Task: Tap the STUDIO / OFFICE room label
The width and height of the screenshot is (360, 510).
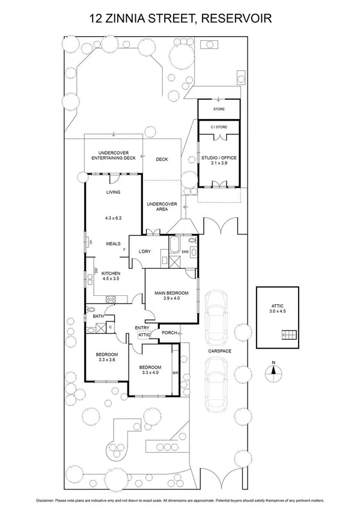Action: [218, 159]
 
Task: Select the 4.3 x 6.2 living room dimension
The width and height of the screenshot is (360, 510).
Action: [114, 218]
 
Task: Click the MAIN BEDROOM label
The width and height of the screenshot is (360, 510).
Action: [171, 293]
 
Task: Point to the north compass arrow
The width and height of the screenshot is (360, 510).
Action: [273, 369]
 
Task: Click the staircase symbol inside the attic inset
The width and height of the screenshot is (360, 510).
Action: [290, 335]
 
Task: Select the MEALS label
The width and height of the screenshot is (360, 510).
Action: [114, 244]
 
